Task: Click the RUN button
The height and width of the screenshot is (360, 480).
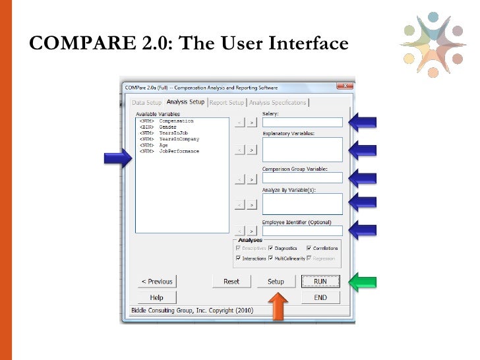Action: pyautogui.click(x=320, y=282)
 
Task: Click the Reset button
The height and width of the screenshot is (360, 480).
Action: pyautogui.click(x=231, y=282)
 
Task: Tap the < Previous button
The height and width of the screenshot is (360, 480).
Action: pyautogui.click(x=156, y=282)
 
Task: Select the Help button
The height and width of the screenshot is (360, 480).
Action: pyautogui.click(x=156, y=297)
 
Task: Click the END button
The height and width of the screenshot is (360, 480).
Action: pyautogui.click(x=320, y=297)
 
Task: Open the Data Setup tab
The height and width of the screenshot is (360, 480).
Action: pyautogui.click(x=146, y=103)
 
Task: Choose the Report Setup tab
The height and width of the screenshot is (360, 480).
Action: pyautogui.click(x=227, y=103)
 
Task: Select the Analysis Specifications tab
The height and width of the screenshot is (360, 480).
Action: pyautogui.click(x=278, y=103)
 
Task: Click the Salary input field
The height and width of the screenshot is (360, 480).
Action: pyautogui.click(x=302, y=122)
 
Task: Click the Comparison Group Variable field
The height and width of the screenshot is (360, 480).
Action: pyautogui.click(x=302, y=177)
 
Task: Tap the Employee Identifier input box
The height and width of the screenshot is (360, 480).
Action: pyautogui.click(x=302, y=231)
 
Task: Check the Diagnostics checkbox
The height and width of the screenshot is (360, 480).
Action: pyautogui.click(x=270, y=248)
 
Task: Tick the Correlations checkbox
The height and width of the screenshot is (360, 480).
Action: pyautogui.click(x=309, y=248)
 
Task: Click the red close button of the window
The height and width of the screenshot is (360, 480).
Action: pyautogui.click(x=344, y=86)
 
